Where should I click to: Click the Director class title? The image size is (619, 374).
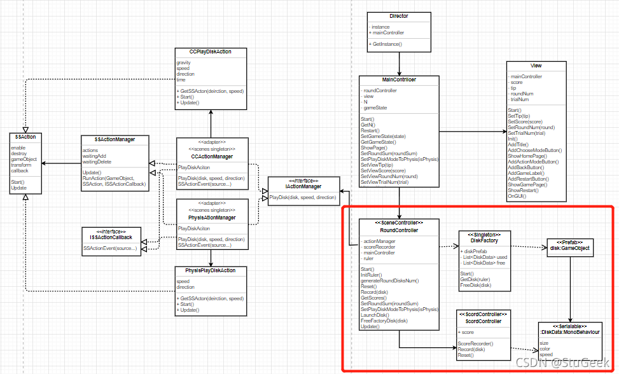[399, 16]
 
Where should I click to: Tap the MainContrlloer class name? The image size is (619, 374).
[399, 80]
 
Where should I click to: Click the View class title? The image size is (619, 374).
[536, 66]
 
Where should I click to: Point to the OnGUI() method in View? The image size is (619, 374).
[517, 197]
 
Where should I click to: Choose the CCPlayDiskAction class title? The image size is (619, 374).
[209, 52]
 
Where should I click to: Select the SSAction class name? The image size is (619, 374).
[26, 137]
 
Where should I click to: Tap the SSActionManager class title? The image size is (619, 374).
[115, 139]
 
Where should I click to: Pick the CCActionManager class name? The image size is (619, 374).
[212, 156]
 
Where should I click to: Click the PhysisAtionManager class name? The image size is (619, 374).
[212, 218]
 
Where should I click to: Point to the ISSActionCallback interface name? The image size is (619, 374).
[111, 237]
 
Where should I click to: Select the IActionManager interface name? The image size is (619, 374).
[303, 186]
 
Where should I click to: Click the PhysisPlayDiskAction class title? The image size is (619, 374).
[210, 271]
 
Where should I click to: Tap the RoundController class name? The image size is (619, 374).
[399, 230]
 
